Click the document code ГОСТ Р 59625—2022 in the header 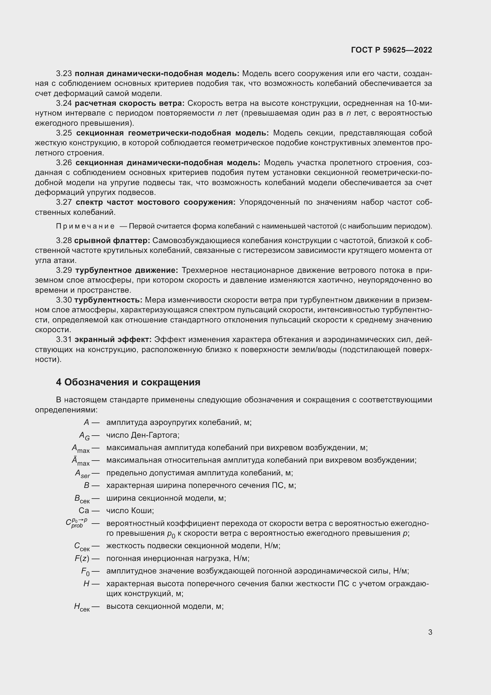pos(392,50)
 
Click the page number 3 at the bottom pos(430,632)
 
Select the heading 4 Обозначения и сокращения pos(128,382)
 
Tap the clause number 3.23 pos(64,74)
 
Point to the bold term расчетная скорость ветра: pos(129,103)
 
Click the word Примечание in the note pos(85,226)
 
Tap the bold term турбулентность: pos(108,300)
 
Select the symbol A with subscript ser pos(83,473)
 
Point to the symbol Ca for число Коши pos(84,511)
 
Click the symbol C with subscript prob pos(77,523)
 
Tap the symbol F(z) pos(82,559)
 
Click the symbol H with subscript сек pos(82,607)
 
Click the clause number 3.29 pos(64,270)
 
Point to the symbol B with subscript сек pos(82,499)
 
